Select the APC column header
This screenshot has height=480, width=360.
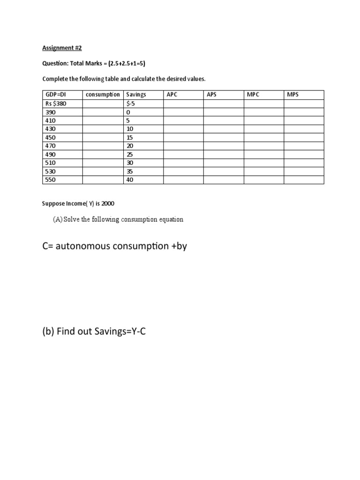(x=172, y=95)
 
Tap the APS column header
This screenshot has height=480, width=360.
(x=212, y=95)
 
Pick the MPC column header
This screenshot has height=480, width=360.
(x=253, y=95)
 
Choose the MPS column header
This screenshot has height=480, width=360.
(x=292, y=95)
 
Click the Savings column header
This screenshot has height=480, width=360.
(x=136, y=95)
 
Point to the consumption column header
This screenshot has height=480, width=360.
(x=103, y=95)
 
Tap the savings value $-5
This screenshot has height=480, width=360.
(x=131, y=104)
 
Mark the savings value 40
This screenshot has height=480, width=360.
(x=130, y=180)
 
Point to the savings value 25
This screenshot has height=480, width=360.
(x=130, y=154)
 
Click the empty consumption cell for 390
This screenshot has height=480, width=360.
(x=103, y=112)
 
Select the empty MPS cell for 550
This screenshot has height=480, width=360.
(x=304, y=180)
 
